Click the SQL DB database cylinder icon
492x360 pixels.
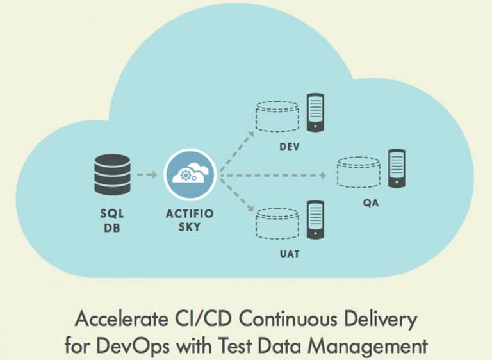112,174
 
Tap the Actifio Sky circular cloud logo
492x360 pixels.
190,175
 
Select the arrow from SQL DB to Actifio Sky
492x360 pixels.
147,174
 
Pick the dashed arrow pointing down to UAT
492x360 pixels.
237,195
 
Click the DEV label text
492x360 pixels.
290,147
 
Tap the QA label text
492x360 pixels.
371,203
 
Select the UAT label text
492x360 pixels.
290,254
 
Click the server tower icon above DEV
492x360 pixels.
315,112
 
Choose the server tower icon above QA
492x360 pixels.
397,168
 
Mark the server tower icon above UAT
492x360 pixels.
315,220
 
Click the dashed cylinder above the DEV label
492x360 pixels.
277,116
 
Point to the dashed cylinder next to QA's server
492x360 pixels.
359,172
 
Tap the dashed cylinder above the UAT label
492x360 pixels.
277,224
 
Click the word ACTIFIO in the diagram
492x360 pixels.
190,214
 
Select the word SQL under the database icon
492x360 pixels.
112,214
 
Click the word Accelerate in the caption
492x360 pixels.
121,319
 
